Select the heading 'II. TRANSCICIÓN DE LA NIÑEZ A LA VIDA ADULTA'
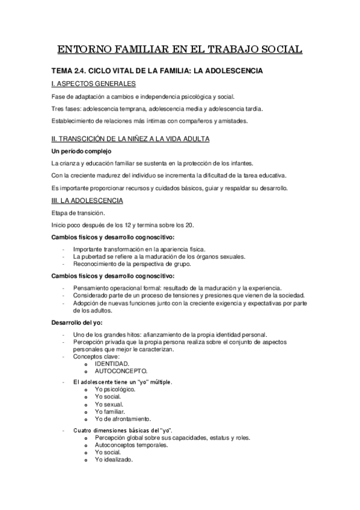pyautogui.click(x=131, y=139)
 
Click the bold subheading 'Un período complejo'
pyautogui.click(x=82, y=150)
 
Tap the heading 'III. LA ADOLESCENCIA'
pyautogui.click(x=88, y=200)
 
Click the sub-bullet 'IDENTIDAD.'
pyautogui.click(x=111, y=364)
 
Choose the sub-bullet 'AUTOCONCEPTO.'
pyautogui.click(x=121, y=372)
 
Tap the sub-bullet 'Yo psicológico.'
pyautogui.click(x=115, y=389)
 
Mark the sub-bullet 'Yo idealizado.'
pyautogui.click(x=114, y=459)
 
